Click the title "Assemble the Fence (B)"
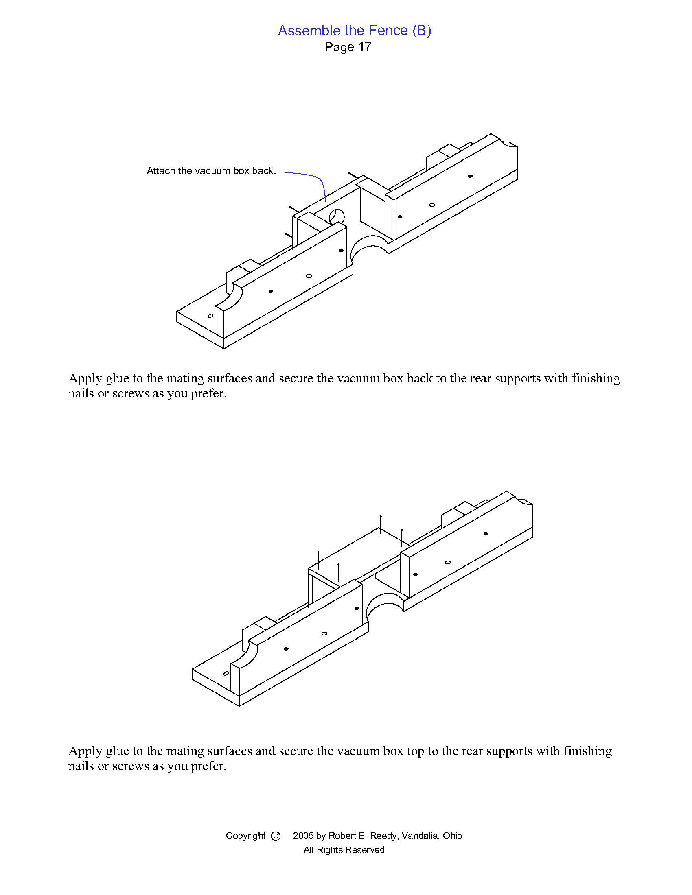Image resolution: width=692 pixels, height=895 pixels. coord(354,31)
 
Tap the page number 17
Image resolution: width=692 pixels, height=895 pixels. coord(364,47)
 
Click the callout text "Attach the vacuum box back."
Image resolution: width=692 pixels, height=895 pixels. coord(211,171)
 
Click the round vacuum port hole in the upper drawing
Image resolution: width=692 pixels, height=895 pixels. coord(337,216)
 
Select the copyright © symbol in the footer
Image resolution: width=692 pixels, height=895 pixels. coord(276,836)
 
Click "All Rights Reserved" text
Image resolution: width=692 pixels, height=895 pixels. coord(344,850)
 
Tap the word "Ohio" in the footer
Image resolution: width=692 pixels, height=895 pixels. coord(452,836)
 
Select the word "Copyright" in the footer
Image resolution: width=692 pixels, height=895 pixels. coord(245,836)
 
